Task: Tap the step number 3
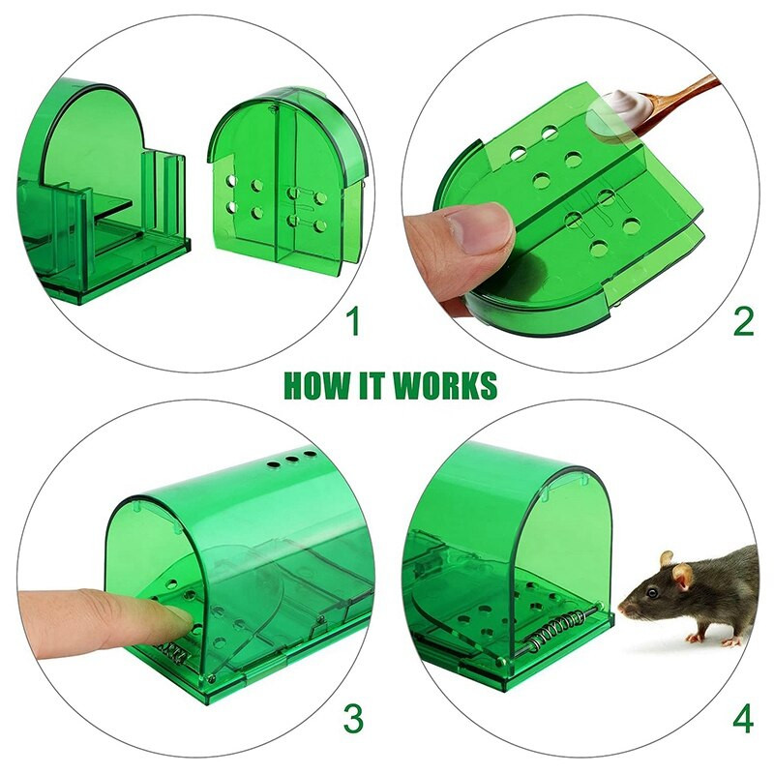point(354,719)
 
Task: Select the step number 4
point(743,719)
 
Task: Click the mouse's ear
point(683,577)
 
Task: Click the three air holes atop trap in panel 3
point(291,459)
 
